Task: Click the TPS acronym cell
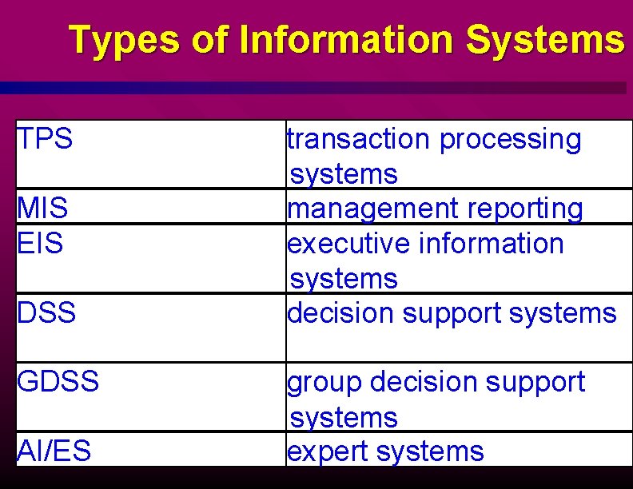pyautogui.click(x=46, y=139)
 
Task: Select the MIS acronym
pyautogui.click(x=42, y=209)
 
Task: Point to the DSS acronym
pyautogui.click(x=46, y=312)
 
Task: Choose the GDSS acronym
pyautogui.click(x=58, y=382)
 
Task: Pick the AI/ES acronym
pyautogui.click(x=54, y=451)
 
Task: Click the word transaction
pyautogui.click(x=359, y=139)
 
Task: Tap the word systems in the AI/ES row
pyautogui.click(x=431, y=452)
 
